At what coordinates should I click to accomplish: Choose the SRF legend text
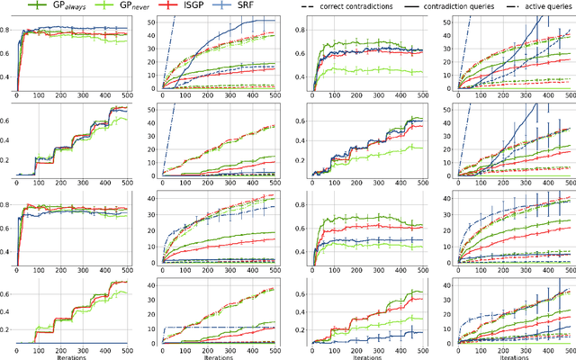(234, 5)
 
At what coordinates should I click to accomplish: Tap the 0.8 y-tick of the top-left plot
(7, 31)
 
